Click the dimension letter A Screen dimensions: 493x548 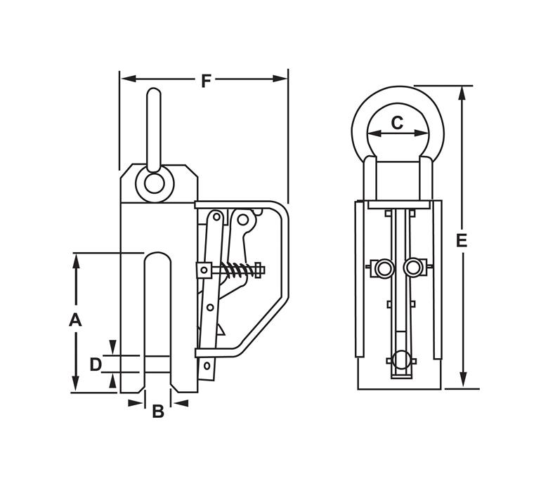click(x=75, y=320)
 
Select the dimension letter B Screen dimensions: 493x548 click(x=158, y=412)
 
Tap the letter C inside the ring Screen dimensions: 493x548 click(x=397, y=123)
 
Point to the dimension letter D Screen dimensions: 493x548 click(x=96, y=364)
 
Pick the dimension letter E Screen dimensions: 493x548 click(x=462, y=240)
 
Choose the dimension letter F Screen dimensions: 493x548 click(x=206, y=81)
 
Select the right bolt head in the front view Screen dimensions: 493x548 click(x=415, y=268)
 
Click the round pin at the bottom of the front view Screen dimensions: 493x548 click(x=400, y=360)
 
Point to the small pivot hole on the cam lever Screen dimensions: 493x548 click(x=243, y=220)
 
